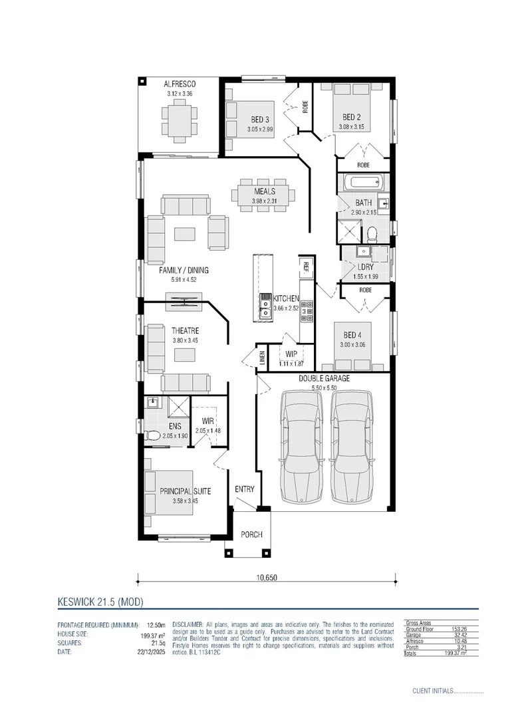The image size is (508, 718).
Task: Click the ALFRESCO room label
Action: click(180, 84)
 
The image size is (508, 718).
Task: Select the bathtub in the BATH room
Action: click(362, 183)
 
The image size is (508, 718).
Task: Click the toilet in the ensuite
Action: click(152, 436)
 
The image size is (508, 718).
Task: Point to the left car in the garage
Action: click(301, 447)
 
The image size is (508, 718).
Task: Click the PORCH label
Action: click(251, 535)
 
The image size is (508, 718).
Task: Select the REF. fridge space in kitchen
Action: click(306, 267)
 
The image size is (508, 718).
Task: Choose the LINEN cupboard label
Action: click(262, 358)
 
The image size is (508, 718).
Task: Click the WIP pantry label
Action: click(291, 354)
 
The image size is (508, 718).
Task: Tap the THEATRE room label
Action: click(186, 331)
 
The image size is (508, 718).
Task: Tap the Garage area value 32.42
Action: click(458, 635)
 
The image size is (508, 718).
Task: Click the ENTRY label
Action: click(245, 489)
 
